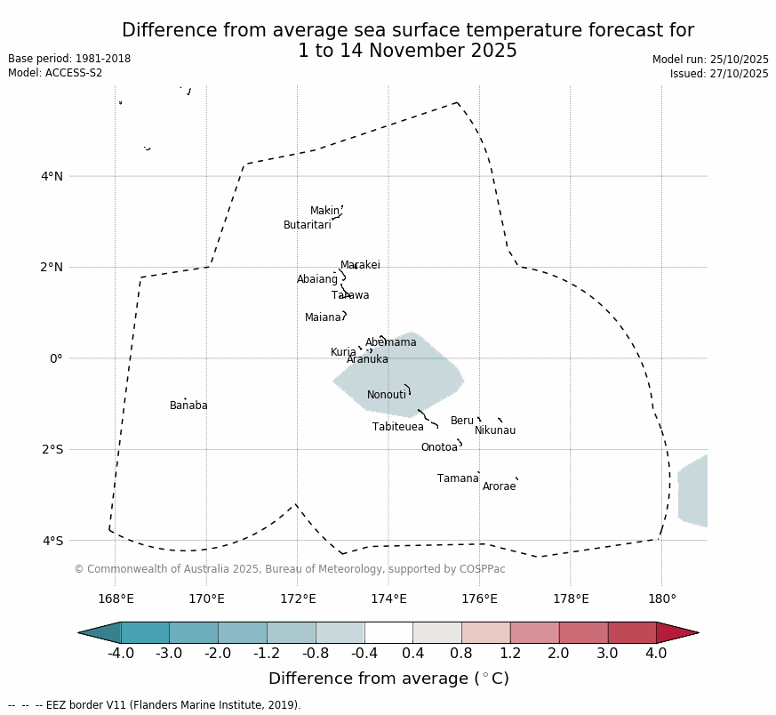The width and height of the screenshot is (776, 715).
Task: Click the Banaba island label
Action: tap(188, 406)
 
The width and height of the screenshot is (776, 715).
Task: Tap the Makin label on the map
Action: tap(324, 211)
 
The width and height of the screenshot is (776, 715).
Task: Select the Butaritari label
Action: tap(307, 225)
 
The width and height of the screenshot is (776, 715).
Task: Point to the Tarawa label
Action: tap(350, 295)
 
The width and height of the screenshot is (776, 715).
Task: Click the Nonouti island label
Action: tap(387, 395)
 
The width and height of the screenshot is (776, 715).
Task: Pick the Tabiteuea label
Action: tap(397, 427)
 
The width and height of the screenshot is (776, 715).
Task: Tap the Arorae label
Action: tap(499, 486)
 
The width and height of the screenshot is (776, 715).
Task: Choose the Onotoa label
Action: tap(439, 447)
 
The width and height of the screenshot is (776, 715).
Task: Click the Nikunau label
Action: tap(495, 430)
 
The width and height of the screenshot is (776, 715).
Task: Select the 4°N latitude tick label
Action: tap(52, 176)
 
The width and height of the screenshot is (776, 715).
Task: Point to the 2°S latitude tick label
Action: tap(52, 449)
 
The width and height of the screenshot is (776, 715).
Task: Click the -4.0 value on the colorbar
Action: tap(121, 654)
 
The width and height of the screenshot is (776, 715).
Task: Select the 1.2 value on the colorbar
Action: tap(510, 654)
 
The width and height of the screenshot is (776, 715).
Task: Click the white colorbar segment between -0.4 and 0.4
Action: tap(388, 632)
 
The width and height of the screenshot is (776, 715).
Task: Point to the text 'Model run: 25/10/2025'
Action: tap(710, 60)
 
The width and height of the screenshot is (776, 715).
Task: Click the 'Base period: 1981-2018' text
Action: tap(69, 59)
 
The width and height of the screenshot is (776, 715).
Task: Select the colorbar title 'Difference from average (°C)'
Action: tap(388, 679)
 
